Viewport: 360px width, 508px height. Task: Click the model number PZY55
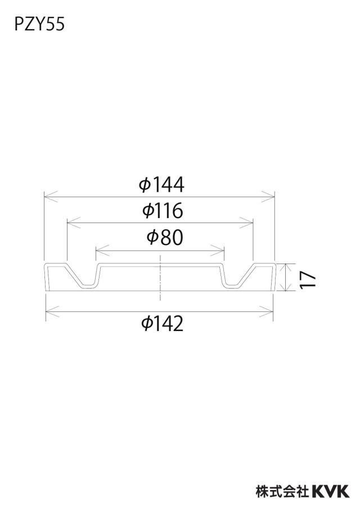pos(39,25)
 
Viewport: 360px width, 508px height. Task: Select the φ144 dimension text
pos(161,184)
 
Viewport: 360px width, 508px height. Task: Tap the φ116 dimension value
pos(163,210)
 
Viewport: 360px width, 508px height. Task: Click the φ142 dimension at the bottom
pos(163,323)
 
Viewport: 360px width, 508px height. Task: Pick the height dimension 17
pos(308,279)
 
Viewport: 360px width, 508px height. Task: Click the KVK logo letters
pos(331,492)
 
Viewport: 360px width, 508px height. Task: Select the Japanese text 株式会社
pos(282,492)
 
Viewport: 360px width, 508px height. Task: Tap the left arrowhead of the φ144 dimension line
pos(51,196)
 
